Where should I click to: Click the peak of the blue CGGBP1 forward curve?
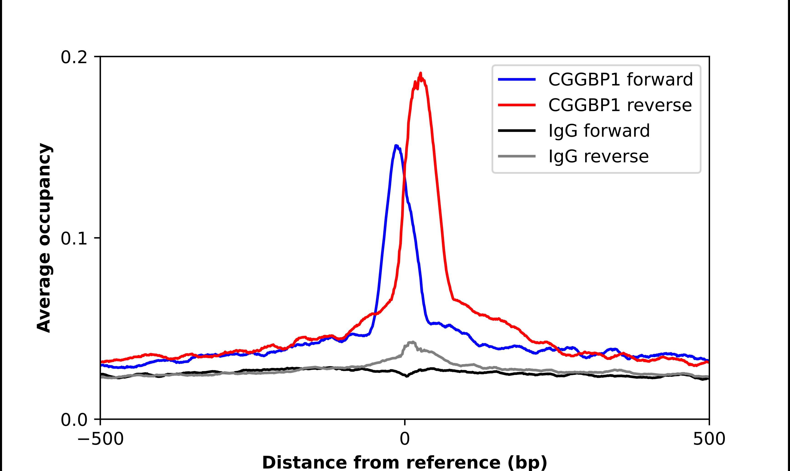point(396,146)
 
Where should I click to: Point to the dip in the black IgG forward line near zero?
point(407,376)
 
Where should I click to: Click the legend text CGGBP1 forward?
point(620,80)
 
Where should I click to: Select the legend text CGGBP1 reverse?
point(620,105)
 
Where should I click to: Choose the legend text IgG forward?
point(599,131)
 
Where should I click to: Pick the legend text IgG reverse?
point(598,157)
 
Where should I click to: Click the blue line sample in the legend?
point(517,80)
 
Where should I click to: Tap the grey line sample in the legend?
point(517,156)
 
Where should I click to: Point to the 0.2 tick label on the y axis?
point(74,57)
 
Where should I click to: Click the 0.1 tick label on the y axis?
point(74,238)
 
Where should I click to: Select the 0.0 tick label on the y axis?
point(74,420)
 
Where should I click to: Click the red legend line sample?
point(517,105)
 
